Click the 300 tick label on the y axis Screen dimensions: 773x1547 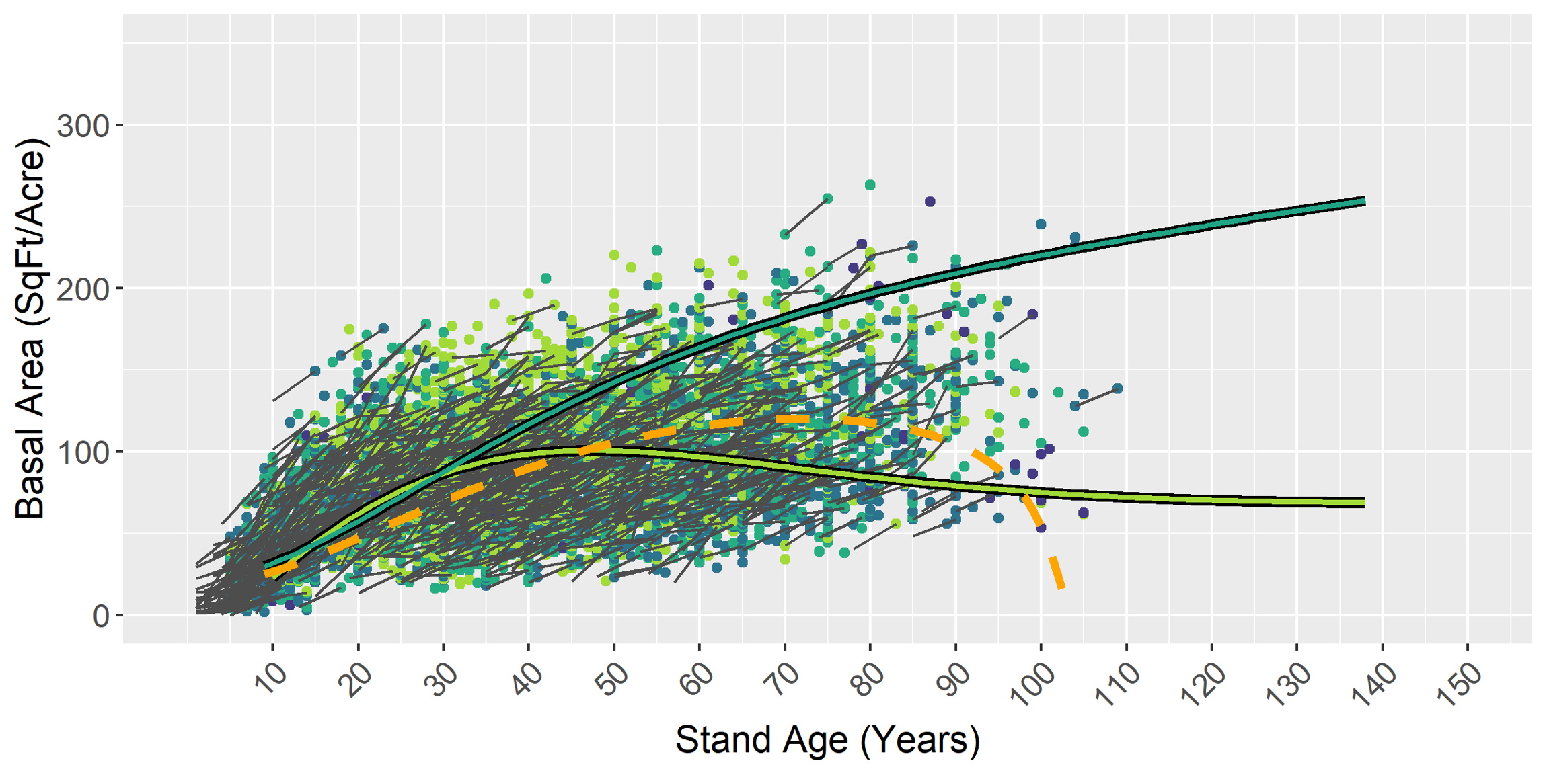click(x=83, y=126)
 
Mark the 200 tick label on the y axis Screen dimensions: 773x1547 click(x=83, y=289)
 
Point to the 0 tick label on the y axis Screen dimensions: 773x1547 click(x=101, y=616)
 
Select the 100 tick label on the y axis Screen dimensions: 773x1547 click(x=83, y=452)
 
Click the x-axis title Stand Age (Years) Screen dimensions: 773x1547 click(x=827, y=740)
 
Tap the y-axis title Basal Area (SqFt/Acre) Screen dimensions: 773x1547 click(x=30, y=329)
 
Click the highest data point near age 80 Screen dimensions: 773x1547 click(x=870, y=185)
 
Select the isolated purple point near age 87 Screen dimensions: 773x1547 click(x=930, y=202)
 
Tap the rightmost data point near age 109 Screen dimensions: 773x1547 click(x=1117, y=389)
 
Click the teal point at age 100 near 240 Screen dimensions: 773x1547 click(x=1041, y=224)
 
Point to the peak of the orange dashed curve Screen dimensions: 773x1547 click(x=794, y=419)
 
